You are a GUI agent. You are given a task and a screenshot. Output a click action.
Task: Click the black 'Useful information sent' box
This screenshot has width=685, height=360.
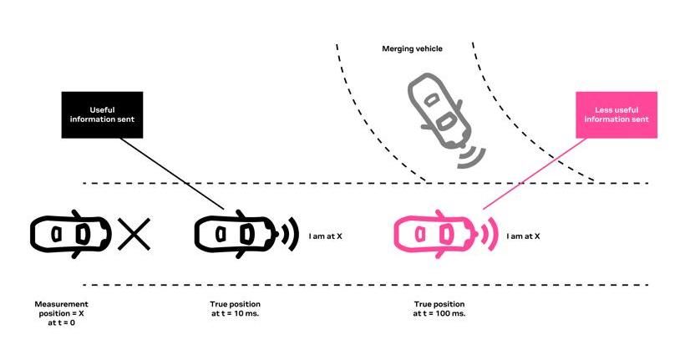pos(102,115)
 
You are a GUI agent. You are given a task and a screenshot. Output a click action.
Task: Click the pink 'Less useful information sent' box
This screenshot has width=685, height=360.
pos(616,115)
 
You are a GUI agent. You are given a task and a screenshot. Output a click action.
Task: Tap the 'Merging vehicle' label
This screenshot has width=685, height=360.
pos(412,49)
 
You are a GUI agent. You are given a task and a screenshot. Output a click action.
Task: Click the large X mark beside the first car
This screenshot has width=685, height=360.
pos(134,234)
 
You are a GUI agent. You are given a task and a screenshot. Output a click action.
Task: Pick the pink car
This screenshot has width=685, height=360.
pos(435,234)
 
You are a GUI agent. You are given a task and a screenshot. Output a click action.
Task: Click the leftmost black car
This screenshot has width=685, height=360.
pos(71,234)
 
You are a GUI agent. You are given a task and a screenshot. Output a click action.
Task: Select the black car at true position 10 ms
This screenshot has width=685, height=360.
pos(236,234)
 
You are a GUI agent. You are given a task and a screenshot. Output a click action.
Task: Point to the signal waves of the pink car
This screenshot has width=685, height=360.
pos(490,234)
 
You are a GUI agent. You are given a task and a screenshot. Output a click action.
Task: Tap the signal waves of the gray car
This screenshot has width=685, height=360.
pos(472,158)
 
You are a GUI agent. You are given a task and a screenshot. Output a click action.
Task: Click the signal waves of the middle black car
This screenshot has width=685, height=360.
pos(291,234)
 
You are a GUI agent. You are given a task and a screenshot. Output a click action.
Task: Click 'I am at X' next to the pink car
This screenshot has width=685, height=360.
pos(523,236)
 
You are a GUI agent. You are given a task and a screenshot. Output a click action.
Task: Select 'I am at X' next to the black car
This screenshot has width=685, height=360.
pos(326,236)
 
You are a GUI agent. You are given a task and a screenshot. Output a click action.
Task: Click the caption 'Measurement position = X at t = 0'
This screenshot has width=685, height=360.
pos(61,313)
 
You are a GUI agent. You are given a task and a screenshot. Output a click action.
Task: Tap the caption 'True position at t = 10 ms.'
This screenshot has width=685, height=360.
pos(235,309)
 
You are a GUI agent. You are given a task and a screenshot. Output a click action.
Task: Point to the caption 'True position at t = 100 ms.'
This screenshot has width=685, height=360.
pos(439,309)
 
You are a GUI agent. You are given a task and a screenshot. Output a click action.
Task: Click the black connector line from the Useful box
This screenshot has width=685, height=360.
pos(172,174)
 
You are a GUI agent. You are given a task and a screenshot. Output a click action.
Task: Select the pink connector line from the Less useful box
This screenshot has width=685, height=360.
pos(535,174)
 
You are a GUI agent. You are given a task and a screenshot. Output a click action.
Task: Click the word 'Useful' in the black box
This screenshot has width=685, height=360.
pos(102,110)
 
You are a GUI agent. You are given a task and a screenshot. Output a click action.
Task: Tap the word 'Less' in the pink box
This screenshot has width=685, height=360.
pos(603,110)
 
